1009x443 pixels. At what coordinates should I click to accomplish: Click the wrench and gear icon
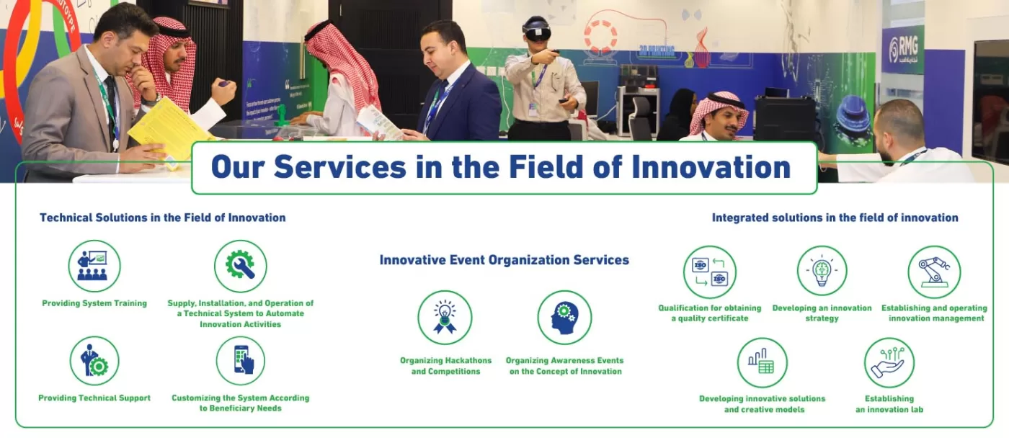240,266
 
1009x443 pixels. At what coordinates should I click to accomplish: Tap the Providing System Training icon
94,266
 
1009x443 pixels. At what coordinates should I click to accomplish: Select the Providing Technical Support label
94,398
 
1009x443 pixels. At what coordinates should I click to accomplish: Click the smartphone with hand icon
241,361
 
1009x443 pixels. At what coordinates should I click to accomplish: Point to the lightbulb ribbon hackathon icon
445,318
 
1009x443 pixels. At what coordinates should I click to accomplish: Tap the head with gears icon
564,318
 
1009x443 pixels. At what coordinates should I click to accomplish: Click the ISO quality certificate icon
710,272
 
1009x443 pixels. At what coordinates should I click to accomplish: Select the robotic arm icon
934,272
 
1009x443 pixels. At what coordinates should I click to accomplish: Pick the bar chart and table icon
763,363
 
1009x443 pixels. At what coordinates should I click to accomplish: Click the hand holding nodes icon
889,363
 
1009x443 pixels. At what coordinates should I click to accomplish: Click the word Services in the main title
340,167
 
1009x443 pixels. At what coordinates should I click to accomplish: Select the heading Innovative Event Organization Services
504,260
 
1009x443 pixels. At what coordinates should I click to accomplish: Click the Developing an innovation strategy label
822,313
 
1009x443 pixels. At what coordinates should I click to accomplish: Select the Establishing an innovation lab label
889,404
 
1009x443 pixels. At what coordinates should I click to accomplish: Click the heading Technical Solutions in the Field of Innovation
163,218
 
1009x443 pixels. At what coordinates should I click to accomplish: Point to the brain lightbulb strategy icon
822,271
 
